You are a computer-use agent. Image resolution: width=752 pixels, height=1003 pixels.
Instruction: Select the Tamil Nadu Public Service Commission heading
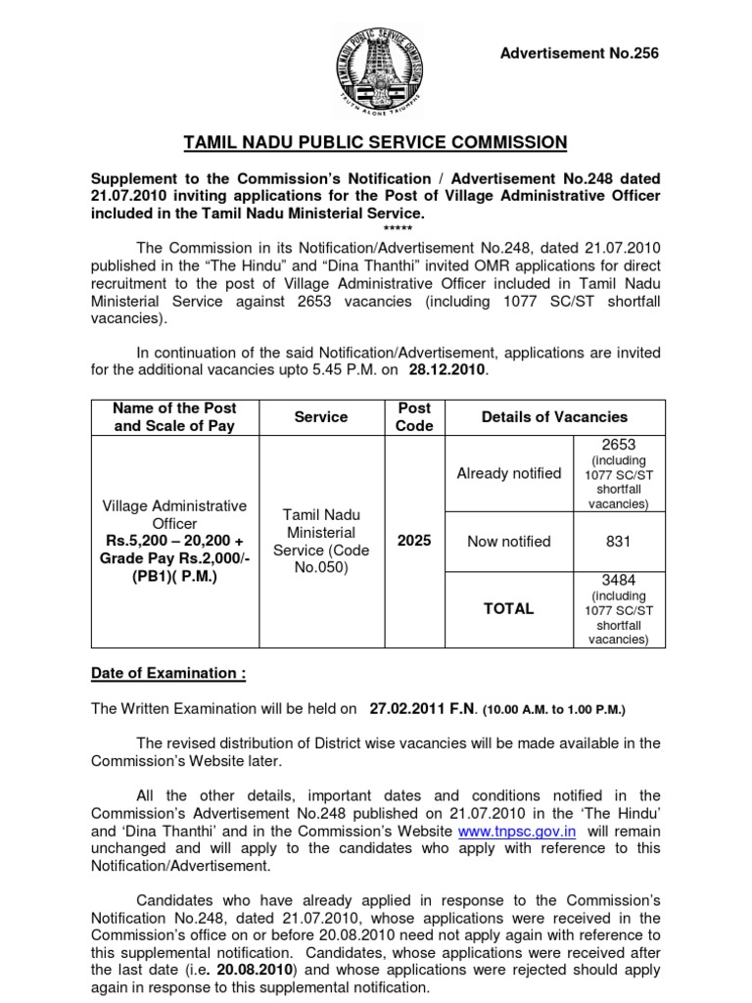(x=376, y=143)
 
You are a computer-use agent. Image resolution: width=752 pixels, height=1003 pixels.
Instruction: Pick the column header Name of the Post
(x=175, y=407)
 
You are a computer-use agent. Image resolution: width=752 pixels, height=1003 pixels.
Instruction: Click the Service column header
(x=321, y=417)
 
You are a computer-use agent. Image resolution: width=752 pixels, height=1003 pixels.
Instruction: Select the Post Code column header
(x=414, y=417)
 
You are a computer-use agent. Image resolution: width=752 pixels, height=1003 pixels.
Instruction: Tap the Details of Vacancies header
(x=554, y=417)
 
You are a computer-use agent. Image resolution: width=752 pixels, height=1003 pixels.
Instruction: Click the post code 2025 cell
(x=414, y=542)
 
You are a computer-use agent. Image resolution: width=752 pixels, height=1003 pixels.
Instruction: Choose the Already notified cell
(x=509, y=474)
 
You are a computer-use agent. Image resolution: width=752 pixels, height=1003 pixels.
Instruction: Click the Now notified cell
(x=509, y=542)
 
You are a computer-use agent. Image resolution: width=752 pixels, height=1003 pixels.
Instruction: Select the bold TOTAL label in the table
(x=509, y=608)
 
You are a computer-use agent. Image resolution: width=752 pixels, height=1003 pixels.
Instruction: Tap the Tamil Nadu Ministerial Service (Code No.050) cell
(x=321, y=542)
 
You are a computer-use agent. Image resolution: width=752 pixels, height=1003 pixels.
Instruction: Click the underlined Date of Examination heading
(x=168, y=674)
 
